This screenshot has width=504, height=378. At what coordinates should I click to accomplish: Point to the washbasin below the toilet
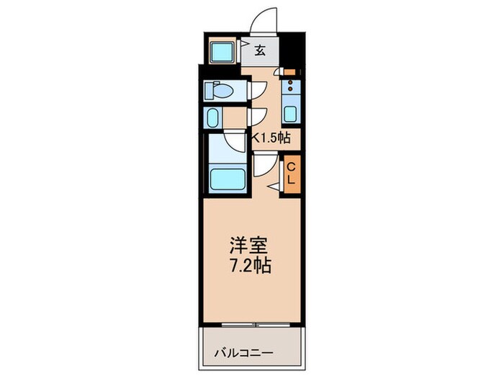[214, 117]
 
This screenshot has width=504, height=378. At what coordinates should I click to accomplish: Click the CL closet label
[291, 174]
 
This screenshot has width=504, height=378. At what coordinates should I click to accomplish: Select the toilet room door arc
[258, 89]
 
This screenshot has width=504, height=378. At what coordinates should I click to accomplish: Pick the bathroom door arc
[234, 143]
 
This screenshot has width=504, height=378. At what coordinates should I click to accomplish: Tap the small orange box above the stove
[289, 72]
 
